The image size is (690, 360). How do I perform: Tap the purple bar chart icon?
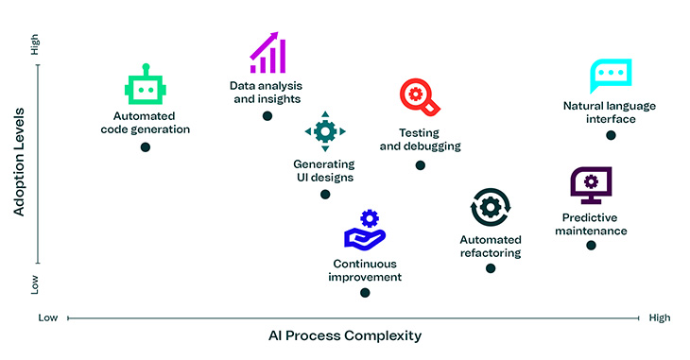tap(267, 53)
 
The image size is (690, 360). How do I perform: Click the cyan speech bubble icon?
tap(610, 75)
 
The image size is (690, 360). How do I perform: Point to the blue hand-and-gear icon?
tap(365, 231)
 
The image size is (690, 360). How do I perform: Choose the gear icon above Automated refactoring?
tap(491, 207)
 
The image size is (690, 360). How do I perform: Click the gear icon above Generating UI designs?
tap(325, 131)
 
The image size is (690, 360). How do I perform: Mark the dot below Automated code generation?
tap(146, 147)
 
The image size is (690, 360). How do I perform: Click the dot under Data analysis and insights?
tap(267, 115)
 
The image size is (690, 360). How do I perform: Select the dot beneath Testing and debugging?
tap(421, 165)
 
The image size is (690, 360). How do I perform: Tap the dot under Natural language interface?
tap(611, 135)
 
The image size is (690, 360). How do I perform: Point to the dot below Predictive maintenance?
tap(592, 246)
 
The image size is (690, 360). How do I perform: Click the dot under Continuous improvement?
tap(365, 293)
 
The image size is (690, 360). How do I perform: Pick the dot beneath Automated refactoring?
tap(491, 268)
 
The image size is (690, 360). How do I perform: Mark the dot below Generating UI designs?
tap(325, 195)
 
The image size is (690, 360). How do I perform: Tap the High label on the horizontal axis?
tap(660, 318)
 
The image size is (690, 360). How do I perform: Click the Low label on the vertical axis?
tap(36, 283)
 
